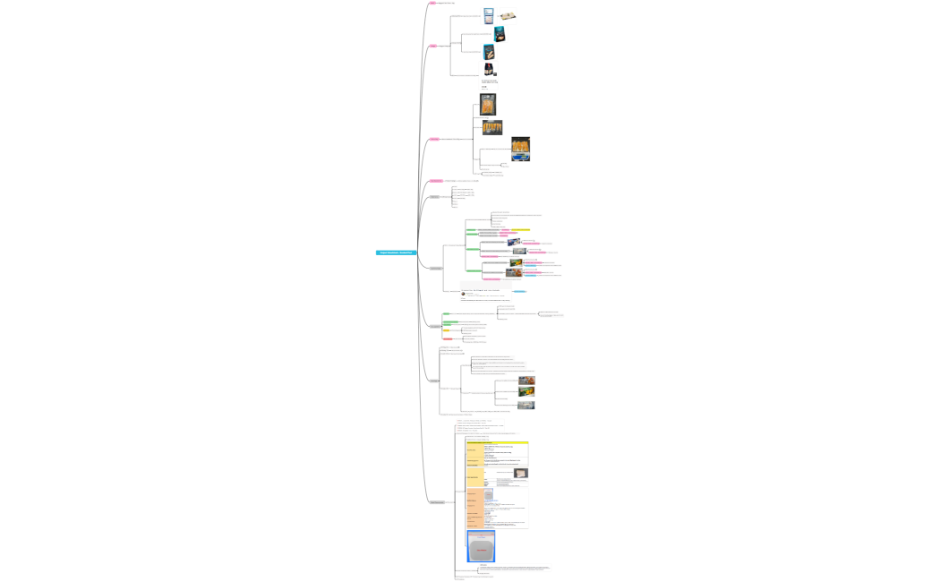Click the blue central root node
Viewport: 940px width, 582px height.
(396, 252)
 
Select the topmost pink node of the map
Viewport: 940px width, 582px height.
(432, 3)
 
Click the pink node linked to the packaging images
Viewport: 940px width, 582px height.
(433, 46)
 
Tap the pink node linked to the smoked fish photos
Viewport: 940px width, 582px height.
(434, 139)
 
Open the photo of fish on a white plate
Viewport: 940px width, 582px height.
(508, 15)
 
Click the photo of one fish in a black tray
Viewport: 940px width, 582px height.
(488, 104)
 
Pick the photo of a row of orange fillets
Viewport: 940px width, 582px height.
(492, 127)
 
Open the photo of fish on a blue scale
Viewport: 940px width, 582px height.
(520, 149)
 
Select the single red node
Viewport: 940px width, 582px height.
(448, 339)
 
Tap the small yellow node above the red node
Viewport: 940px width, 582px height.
(446, 330)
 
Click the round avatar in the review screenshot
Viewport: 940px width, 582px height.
(464, 294)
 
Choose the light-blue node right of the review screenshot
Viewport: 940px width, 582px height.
(520, 292)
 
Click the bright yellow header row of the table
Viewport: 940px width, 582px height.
(497, 442)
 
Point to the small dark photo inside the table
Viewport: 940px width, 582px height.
(520, 473)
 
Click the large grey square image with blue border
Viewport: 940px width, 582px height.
(481, 546)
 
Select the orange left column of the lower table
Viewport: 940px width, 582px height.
(474, 508)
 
